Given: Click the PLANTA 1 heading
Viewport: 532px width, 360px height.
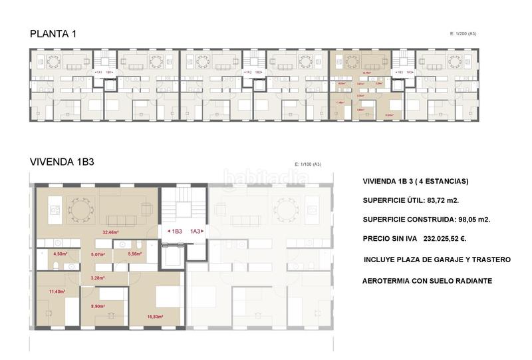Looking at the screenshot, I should point(53,33).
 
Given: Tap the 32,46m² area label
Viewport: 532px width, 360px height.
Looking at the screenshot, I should point(110,232).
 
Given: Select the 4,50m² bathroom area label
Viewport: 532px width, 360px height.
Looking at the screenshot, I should point(60,254).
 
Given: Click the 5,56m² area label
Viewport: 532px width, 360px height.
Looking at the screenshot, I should point(134,254).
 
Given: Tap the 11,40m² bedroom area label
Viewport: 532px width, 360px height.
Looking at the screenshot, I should point(57,291).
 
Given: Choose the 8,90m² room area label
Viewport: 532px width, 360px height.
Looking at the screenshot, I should point(98,307).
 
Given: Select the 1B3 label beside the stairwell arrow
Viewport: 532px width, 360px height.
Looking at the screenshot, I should point(176,232).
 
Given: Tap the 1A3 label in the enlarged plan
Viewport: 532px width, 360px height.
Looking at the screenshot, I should point(196,232).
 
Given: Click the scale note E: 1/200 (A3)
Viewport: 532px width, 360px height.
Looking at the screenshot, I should point(464,33).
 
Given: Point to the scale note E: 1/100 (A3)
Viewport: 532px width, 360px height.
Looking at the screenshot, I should point(308,164).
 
